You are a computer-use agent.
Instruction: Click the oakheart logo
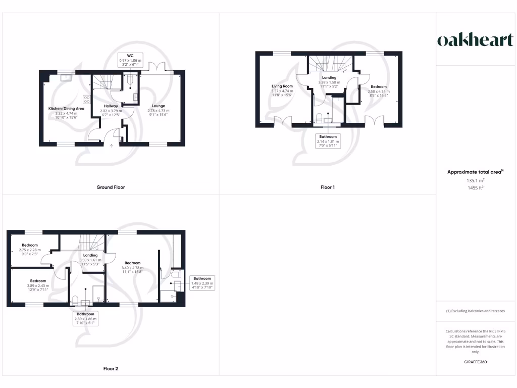pyautogui.click(x=475, y=40)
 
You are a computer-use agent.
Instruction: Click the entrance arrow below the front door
pyautogui.click(x=112, y=146)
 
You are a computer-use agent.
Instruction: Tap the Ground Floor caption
pyautogui.click(x=111, y=187)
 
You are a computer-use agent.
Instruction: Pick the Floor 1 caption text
pyautogui.click(x=327, y=187)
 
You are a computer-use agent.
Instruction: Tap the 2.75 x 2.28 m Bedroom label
pyautogui.click(x=29, y=249)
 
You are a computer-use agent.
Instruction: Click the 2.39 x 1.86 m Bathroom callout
pyautogui.click(x=85, y=319)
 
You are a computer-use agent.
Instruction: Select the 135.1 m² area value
pyautogui.click(x=475, y=180)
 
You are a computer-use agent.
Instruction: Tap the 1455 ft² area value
pyautogui.click(x=475, y=187)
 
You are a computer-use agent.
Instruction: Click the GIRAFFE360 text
pyautogui.click(x=475, y=362)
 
